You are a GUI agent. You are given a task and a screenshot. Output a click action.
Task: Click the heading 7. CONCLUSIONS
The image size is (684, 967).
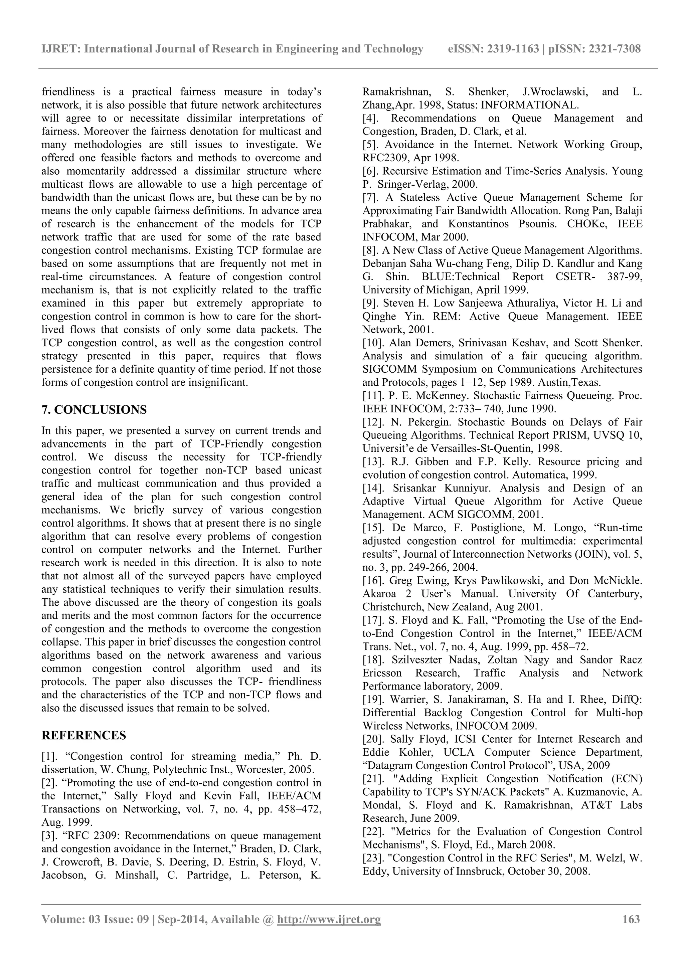click(94, 409)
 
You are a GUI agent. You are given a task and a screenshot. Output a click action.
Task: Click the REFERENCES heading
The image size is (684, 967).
click(84, 735)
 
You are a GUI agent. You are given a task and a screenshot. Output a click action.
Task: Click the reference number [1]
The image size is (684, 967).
click(51, 756)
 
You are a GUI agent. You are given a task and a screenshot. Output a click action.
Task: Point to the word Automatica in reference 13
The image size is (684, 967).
click(537, 475)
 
